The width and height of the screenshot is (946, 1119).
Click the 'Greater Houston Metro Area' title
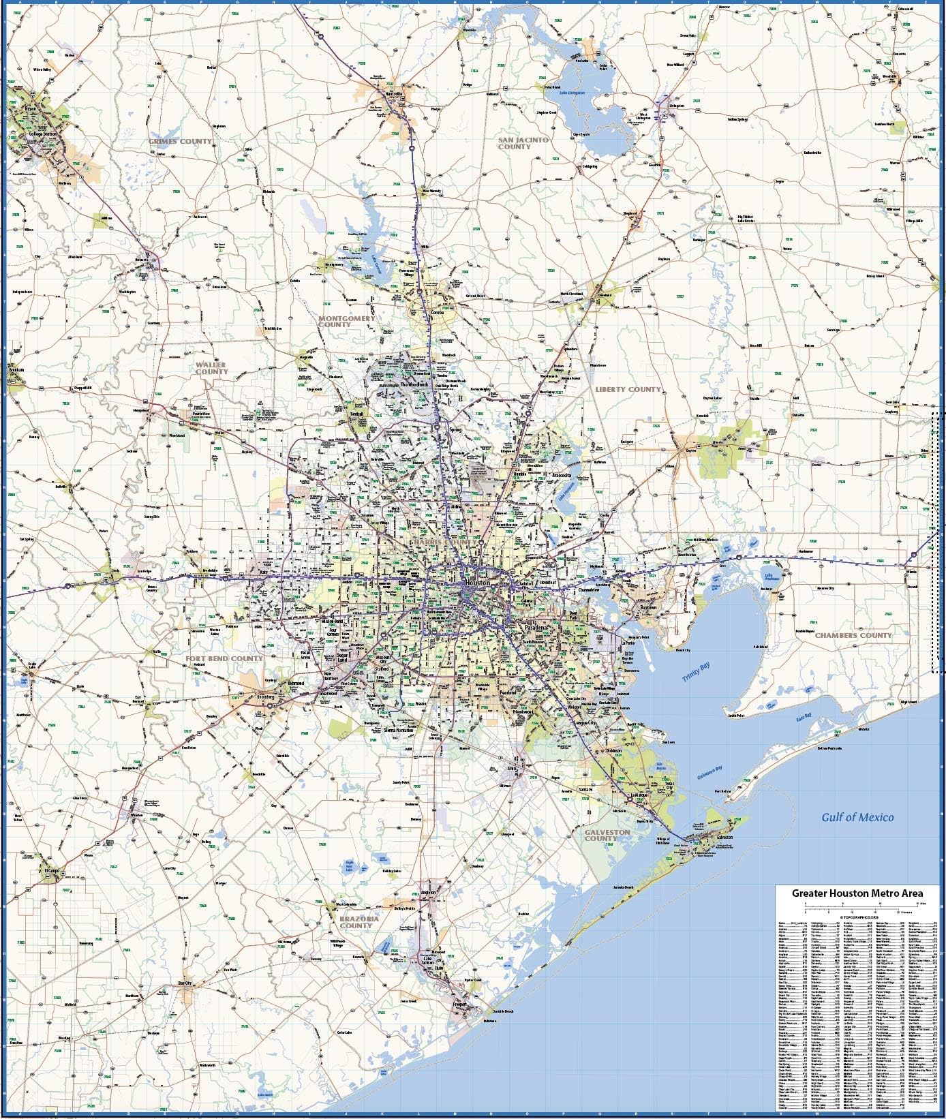coord(857,893)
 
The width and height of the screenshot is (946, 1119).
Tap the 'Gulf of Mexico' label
coord(857,817)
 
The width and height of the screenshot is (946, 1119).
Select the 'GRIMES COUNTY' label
coord(181,141)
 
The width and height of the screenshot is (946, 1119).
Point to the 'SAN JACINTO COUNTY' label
coord(523,143)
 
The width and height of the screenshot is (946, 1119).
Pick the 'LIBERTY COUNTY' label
coord(628,389)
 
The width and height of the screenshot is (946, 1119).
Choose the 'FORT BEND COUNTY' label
coord(224,658)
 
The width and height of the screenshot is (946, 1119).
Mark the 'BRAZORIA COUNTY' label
coord(356,922)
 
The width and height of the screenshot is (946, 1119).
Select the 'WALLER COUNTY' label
coord(211,368)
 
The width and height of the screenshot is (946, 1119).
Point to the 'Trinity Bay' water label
coord(696,672)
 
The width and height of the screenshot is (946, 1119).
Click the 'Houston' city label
coord(477,584)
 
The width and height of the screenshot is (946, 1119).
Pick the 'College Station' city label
coord(44,134)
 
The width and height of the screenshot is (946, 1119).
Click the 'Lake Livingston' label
coord(573,92)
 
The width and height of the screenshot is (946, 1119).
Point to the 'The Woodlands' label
coord(414,384)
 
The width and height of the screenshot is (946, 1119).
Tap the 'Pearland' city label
coord(507,692)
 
